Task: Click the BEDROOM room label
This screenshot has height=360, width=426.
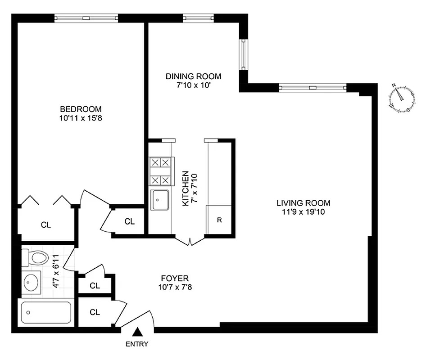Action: tap(81, 109)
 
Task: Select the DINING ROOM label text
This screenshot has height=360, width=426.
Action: tap(193, 76)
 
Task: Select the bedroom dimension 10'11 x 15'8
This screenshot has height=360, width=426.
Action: tap(81, 118)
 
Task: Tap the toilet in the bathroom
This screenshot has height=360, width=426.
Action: tap(35, 258)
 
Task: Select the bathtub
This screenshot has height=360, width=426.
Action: tap(46, 312)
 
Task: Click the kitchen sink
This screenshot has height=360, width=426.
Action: tap(160, 199)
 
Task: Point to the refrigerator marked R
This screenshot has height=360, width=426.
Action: tap(219, 220)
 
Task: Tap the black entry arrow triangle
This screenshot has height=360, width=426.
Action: tap(138, 333)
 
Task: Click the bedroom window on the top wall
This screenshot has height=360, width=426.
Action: tap(86, 18)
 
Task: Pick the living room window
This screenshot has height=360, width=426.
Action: tap(313, 87)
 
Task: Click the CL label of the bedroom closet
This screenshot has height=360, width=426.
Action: tap(46, 225)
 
